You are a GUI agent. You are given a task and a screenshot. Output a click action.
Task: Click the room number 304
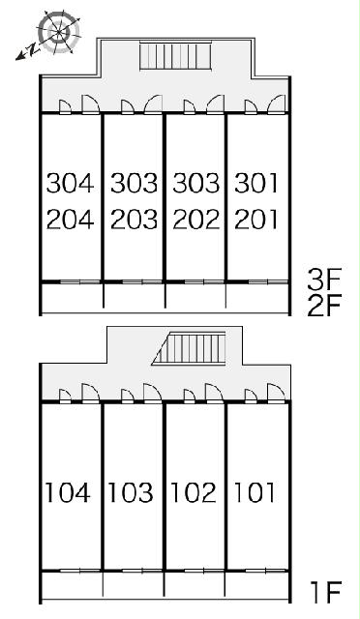71,183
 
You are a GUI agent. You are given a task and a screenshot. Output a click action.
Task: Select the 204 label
71,220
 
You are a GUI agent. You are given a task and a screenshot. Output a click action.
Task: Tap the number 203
134,220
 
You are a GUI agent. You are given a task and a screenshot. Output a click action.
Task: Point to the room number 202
196,220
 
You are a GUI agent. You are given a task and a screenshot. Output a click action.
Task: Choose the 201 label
256,220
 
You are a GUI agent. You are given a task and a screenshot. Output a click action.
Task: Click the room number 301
256,183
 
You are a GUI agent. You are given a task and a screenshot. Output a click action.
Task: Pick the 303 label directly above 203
134,183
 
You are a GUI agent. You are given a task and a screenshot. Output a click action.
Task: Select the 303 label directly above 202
196,183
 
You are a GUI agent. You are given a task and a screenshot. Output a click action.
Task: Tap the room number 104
68,492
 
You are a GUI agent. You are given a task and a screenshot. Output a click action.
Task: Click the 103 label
131,492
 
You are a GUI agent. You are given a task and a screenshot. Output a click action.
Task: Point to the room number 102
194,492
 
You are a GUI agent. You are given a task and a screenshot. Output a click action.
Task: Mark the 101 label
255,492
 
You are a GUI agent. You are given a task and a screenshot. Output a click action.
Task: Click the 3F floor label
324,280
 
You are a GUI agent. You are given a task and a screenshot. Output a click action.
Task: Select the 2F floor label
324,307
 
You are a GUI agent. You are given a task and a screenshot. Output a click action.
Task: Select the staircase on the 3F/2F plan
176,55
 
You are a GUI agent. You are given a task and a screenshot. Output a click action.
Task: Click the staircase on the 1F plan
189,348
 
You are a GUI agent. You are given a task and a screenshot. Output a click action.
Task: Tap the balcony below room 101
256,585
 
